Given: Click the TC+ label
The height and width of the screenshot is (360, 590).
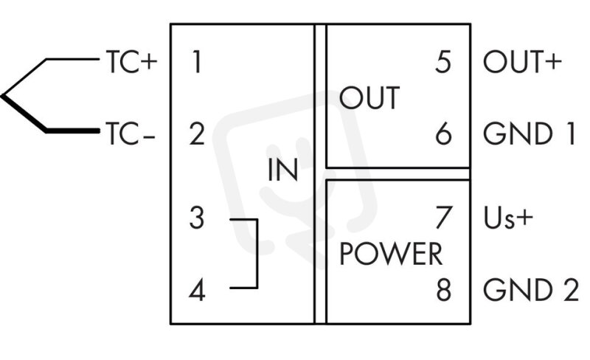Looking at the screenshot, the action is click(x=131, y=61).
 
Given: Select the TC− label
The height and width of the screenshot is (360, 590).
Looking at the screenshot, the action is click(x=131, y=134).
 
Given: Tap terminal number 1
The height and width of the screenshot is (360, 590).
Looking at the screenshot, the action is click(x=197, y=61).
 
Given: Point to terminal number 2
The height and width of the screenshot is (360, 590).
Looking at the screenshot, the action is click(x=197, y=134).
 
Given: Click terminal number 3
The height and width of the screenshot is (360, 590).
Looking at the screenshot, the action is click(x=197, y=218).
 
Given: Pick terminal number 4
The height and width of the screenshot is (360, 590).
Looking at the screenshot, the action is click(x=197, y=290).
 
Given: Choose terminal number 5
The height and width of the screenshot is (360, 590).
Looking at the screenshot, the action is click(x=443, y=61).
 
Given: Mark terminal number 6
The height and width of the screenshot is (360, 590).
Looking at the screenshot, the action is click(x=443, y=134).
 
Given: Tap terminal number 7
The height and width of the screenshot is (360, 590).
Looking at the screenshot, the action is click(x=443, y=218).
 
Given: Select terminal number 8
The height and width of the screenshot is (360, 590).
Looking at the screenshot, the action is click(x=444, y=290).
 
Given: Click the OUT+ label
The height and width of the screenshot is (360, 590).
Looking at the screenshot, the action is click(x=522, y=61).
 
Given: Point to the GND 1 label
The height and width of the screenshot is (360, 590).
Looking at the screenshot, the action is click(x=530, y=134).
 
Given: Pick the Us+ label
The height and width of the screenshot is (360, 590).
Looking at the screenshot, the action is click(x=509, y=218).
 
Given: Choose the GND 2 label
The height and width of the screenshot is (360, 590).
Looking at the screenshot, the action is click(x=531, y=290).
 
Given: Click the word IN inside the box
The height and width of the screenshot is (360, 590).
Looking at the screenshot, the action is click(x=283, y=170).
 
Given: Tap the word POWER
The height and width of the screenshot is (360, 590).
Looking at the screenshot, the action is click(x=391, y=255).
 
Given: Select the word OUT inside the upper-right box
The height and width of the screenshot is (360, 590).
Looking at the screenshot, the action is click(x=369, y=98).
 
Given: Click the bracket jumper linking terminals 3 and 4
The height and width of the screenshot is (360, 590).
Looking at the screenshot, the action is click(x=257, y=254).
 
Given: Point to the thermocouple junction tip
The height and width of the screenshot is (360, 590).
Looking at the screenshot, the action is click(x=2, y=96).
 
